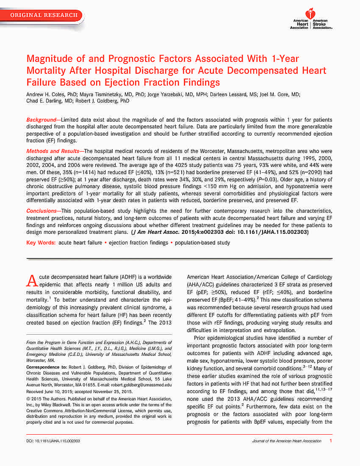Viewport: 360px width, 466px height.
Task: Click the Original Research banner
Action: [x=44, y=15]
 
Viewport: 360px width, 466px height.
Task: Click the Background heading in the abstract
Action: [x=41, y=120]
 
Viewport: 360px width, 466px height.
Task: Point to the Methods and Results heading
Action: [x=53, y=151]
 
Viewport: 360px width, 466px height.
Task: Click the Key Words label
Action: [x=41, y=243]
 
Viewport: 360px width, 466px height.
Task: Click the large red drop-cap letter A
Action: [x=32, y=281]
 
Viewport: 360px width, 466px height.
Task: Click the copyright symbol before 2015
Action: [x=28, y=399]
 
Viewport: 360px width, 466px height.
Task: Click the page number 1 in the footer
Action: [x=330, y=441]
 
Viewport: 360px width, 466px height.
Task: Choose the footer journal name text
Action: [x=287, y=441]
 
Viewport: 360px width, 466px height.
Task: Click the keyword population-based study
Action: [x=202, y=243]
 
